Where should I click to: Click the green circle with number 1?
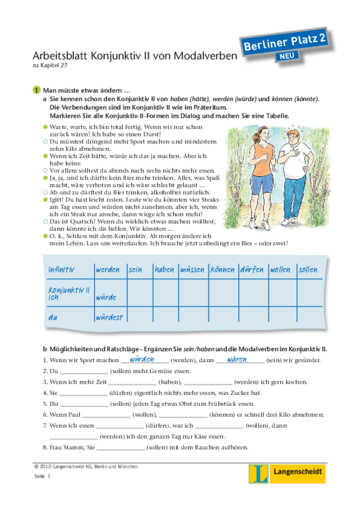click(36, 90)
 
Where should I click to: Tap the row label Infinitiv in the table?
click(66, 270)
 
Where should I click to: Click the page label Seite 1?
click(43, 476)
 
